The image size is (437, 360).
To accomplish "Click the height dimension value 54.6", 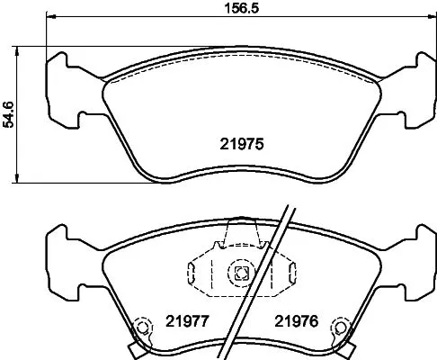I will pyautogui.click(x=9, y=113).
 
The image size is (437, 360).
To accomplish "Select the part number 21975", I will pyautogui.click(x=240, y=143).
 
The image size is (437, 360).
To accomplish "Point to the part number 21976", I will pyautogui.click(x=296, y=319).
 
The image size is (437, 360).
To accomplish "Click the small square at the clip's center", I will pyautogui.click(x=240, y=274).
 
